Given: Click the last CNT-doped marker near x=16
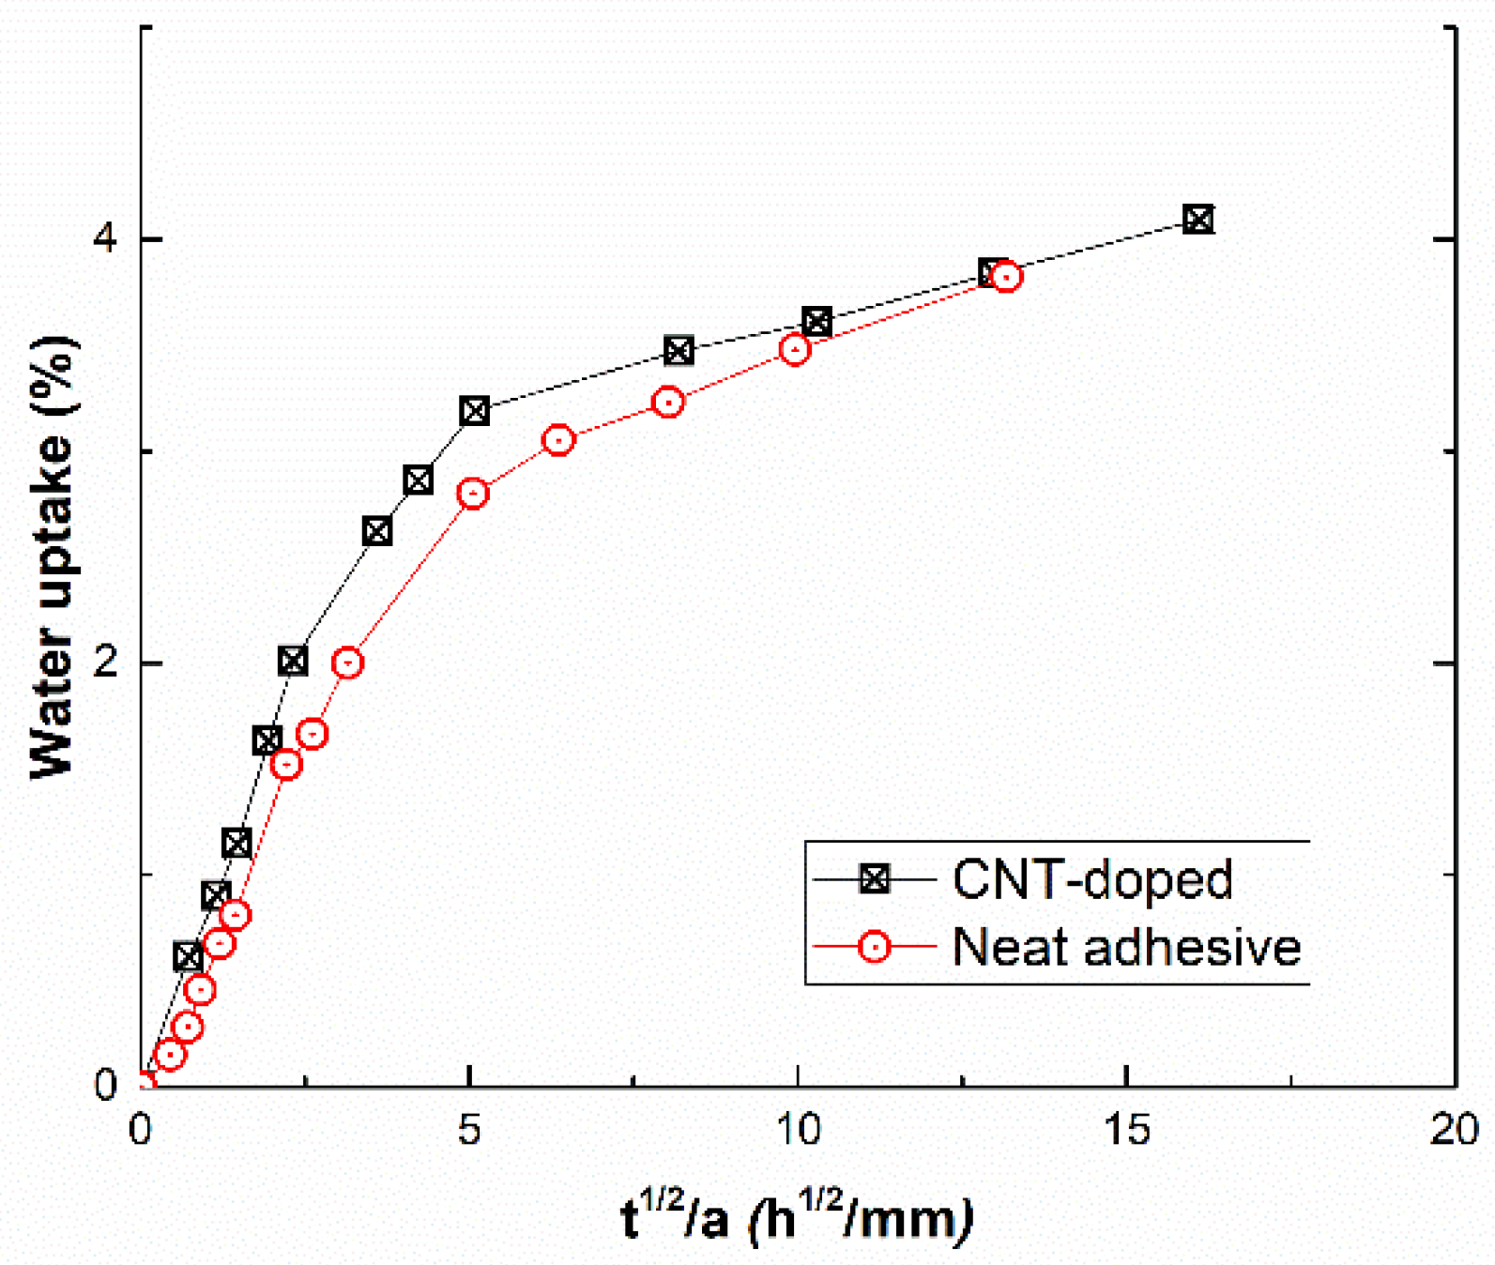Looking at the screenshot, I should (1198, 220).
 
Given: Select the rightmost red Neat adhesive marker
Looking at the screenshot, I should (1006, 277).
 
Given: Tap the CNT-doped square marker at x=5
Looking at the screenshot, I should (475, 411).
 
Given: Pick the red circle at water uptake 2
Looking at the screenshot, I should (347, 663).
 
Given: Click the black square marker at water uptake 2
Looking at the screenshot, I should (293, 661).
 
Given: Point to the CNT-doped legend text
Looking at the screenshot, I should (1091, 879).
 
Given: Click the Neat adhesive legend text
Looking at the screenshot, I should (1126, 947).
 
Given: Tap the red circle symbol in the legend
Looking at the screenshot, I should (875, 947).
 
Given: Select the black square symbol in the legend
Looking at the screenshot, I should (875, 879).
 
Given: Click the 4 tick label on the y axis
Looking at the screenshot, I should (106, 238).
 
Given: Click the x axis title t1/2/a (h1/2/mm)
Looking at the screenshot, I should (797, 1219).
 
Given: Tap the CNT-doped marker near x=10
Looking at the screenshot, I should (816, 322).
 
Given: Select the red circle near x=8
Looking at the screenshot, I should (667, 403).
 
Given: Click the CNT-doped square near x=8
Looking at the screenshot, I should (679, 351).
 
